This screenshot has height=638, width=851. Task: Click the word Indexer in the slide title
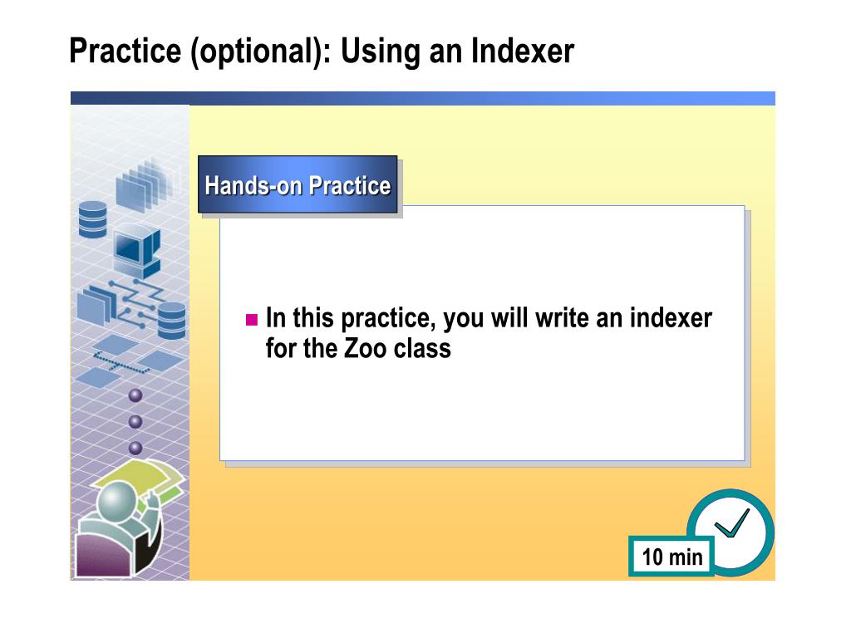(x=522, y=51)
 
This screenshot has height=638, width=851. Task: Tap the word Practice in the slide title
(x=125, y=51)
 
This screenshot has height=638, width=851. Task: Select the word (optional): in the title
(x=260, y=52)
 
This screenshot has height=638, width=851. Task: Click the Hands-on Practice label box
(x=298, y=184)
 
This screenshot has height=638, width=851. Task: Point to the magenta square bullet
(x=251, y=319)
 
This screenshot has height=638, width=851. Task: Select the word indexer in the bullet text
(x=671, y=318)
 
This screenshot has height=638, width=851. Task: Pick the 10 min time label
(x=671, y=556)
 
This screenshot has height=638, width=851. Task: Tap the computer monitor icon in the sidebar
(x=137, y=249)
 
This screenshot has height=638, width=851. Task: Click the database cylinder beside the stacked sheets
(x=93, y=219)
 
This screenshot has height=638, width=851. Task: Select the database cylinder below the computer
(x=171, y=321)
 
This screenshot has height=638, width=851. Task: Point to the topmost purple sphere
(x=135, y=395)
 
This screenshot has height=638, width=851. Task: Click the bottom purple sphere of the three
(x=135, y=448)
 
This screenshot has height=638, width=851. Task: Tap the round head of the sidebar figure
(x=116, y=501)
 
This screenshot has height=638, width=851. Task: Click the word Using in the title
(x=380, y=52)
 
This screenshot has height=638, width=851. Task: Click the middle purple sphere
(x=135, y=421)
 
